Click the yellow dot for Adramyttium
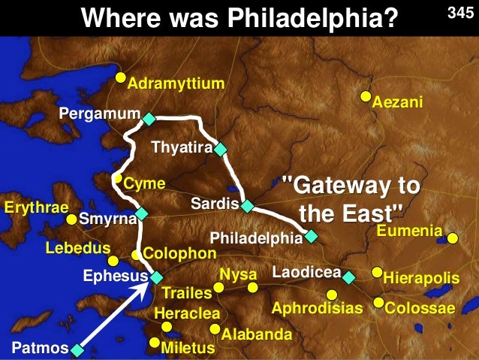(x=120, y=77)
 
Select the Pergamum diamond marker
(x=149, y=119)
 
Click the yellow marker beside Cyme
(x=118, y=179)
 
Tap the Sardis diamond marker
(x=247, y=205)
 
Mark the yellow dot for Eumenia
(x=453, y=239)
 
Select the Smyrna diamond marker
(x=142, y=213)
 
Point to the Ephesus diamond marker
(x=156, y=277)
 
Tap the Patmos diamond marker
(x=77, y=348)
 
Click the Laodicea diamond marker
(x=348, y=277)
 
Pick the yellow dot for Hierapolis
(x=377, y=272)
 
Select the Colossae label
(x=420, y=308)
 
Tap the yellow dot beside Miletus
(x=155, y=343)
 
